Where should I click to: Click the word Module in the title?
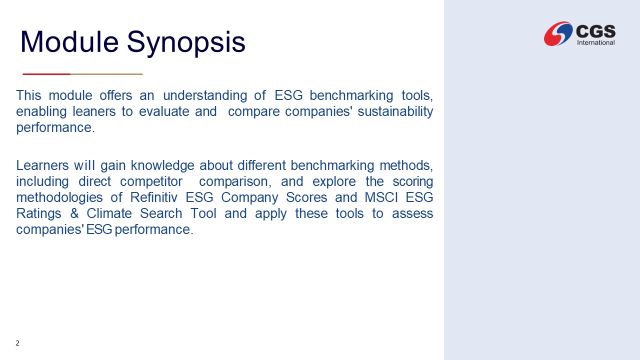point(69,41)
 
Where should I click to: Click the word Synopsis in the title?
point(186,43)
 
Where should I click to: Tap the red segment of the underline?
point(46,74)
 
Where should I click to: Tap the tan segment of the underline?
point(106,74)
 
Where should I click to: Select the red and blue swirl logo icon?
point(558,33)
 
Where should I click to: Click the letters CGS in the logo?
point(595,31)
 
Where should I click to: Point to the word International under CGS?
point(595,42)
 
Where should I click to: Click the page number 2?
point(17,343)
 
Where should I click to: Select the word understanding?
point(205,95)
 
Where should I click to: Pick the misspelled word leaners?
point(94,111)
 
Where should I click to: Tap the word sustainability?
point(395,111)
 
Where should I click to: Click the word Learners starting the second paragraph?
point(42,165)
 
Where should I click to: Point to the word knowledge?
point(162,166)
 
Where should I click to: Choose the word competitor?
point(151,181)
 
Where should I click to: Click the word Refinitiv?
point(153,197)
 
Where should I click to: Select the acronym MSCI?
point(381,197)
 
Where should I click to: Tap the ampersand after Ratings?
point(74,213)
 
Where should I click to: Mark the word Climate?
point(109,213)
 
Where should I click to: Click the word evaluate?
point(164,111)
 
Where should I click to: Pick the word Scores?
point(306,197)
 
